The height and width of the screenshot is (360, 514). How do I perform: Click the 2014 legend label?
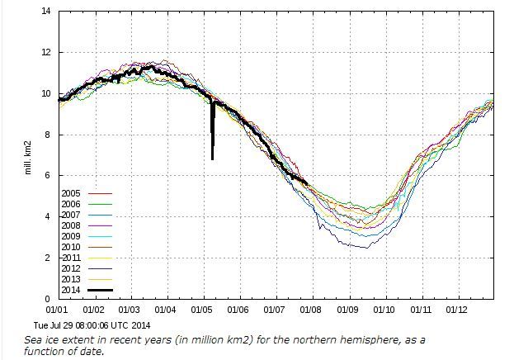(x=71, y=290)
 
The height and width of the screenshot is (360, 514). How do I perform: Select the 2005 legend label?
(x=71, y=193)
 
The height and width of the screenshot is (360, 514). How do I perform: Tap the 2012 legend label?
(x=71, y=268)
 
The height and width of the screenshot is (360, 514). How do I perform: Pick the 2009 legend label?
(x=71, y=236)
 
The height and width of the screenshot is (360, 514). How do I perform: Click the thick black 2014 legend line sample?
(x=101, y=290)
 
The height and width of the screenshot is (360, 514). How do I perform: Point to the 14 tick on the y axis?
(x=46, y=12)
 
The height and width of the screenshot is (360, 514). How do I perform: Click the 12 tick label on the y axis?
(x=46, y=52)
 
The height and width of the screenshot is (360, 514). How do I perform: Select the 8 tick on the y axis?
(x=48, y=135)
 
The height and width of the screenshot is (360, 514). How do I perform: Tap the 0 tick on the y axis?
(x=48, y=299)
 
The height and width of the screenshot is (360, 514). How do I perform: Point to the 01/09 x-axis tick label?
(x=347, y=310)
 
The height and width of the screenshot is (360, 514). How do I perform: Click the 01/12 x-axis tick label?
(x=456, y=310)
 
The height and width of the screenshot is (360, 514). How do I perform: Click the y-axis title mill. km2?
(x=28, y=158)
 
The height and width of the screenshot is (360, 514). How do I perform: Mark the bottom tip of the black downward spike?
(x=212, y=159)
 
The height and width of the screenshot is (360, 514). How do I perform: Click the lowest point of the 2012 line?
(x=367, y=248)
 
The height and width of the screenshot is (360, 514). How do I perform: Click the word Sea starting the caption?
(x=32, y=340)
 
